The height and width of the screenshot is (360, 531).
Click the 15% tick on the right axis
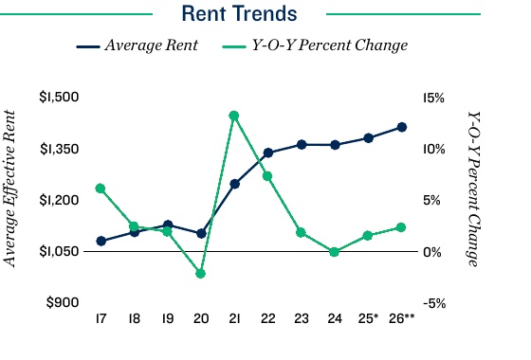[x=434, y=98]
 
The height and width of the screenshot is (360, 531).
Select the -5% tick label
[x=434, y=303]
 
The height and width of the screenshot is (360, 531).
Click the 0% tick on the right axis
[x=431, y=252]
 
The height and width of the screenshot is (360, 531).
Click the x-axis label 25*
[x=368, y=320]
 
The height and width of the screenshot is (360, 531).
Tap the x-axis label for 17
[x=101, y=320]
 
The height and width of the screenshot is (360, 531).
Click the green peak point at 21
[x=234, y=116]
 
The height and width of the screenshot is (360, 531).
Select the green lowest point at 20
[x=201, y=274]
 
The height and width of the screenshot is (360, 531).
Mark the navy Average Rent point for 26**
[x=401, y=127]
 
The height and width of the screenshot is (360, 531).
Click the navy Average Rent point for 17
[x=101, y=241]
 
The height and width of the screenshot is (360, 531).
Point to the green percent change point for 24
[x=335, y=252]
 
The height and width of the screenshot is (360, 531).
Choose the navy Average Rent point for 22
[x=267, y=153]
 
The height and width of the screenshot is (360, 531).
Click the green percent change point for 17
[x=101, y=189]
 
